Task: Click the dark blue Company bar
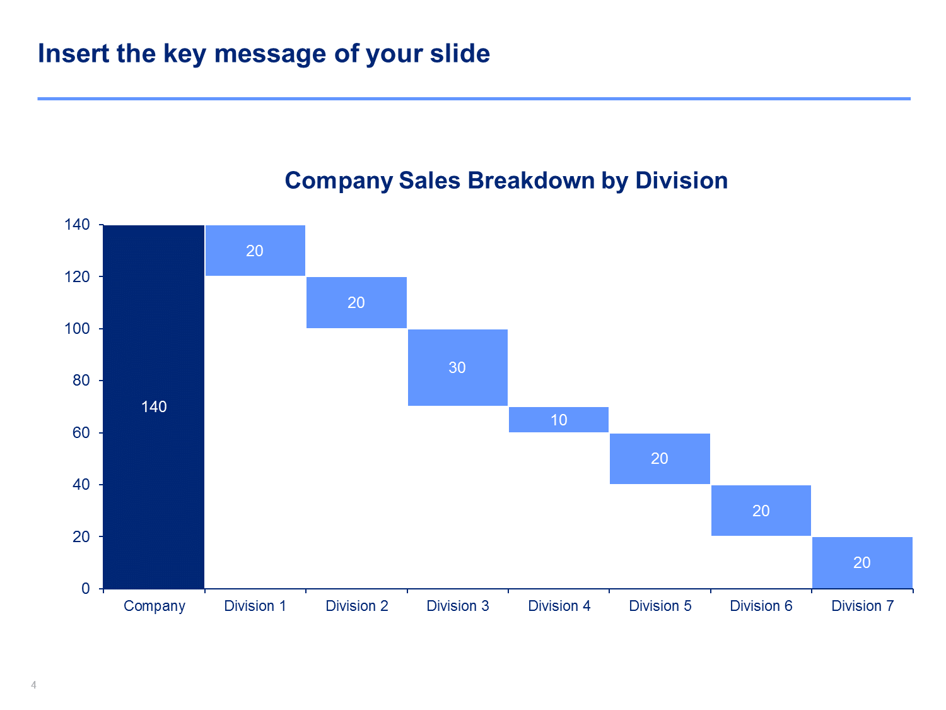point(153,406)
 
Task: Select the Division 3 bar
point(458,368)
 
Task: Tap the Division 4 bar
point(559,420)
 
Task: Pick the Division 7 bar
point(862,562)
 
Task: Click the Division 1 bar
point(255,251)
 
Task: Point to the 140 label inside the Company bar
point(154,407)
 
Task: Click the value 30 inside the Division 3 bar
point(457,368)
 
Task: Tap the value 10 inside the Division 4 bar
point(559,420)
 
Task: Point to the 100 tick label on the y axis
point(77,329)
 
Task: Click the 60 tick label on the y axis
point(81,433)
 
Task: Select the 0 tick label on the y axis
point(86,588)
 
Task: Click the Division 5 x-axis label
point(660,606)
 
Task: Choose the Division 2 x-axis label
point(357,606)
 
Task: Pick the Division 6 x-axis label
point(761,606)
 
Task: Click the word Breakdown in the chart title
point(531,180)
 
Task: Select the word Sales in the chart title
point(429,180)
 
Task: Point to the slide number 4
point(33,685)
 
